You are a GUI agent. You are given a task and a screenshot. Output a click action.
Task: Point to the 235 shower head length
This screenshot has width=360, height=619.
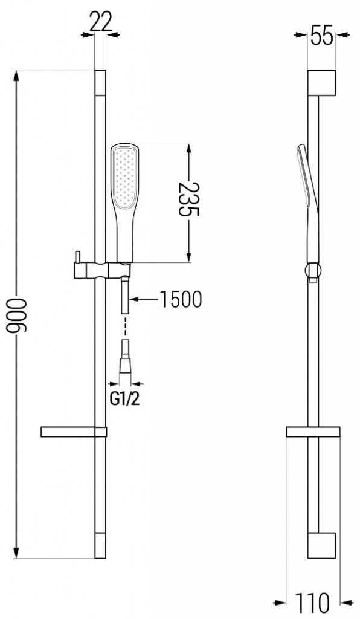click(x=190, y=203)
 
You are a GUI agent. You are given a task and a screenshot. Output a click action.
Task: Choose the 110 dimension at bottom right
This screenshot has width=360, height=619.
click(x=312, y=602)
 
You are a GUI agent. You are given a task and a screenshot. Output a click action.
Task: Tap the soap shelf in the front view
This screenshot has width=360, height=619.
click(x=72, y=432)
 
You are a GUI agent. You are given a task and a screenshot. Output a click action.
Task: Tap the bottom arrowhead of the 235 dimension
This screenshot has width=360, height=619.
click(x=190, y=257)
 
